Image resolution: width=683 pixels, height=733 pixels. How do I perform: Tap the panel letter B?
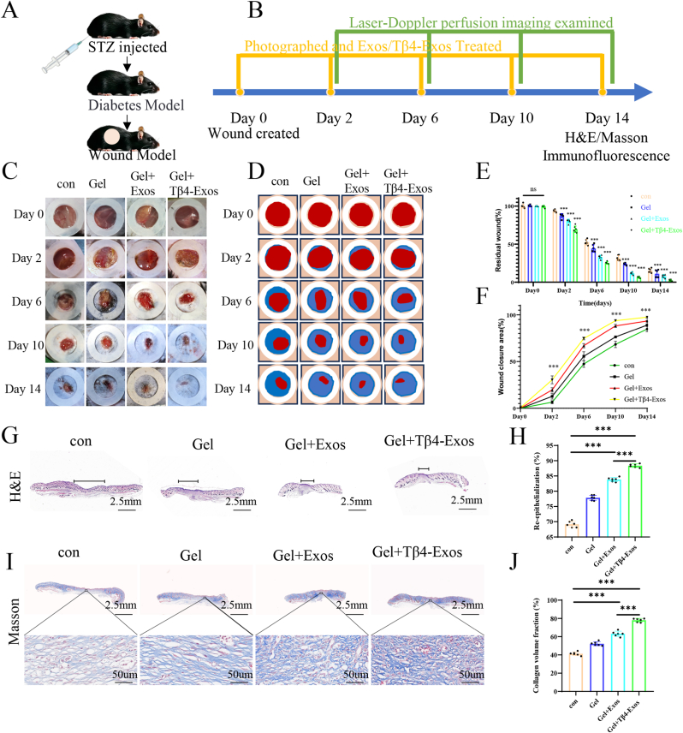[230, 15]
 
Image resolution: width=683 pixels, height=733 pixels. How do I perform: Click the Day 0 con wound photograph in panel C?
[62, 214]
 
